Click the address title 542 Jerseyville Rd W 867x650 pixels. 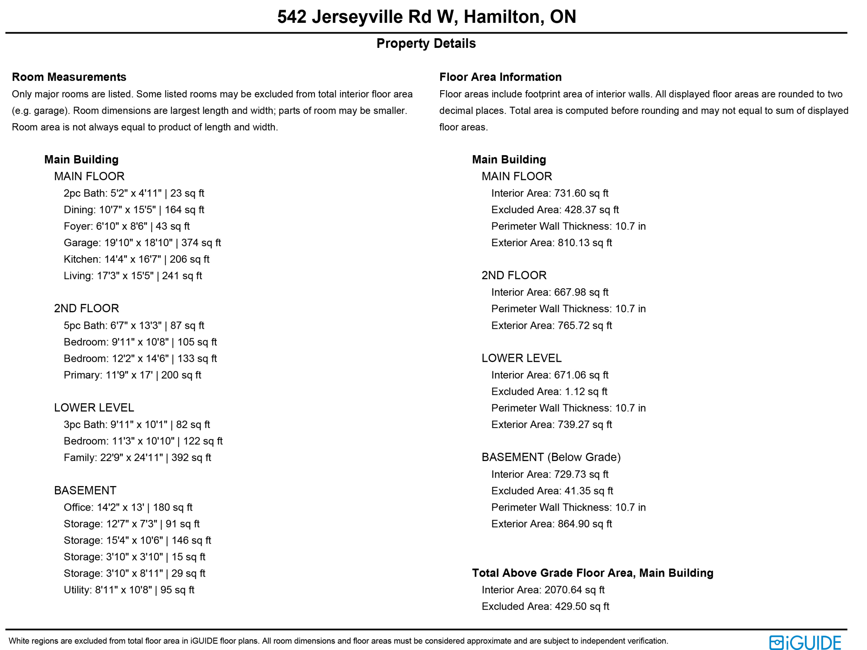coord(426,17)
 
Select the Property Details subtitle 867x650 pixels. coord(426,43)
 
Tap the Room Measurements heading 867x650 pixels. coord(69,77)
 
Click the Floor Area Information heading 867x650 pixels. coord(500,77)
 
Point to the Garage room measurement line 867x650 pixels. coord(142,243)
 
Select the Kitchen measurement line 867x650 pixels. coord(136,259)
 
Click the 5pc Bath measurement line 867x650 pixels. coord(134,325)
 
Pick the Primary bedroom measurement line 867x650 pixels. coord(133,375)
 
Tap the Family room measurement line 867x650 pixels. coord(137,458)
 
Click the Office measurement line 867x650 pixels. coord(128,507)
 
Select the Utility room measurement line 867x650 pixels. coord(129,590)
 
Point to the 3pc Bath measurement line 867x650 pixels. coord(137,425)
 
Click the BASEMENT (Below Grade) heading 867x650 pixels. coord(551,457)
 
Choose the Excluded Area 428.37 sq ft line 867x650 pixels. coord(555,210)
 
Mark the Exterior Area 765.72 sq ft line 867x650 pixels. coord(552,325)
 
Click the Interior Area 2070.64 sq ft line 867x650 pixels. coord(543,590)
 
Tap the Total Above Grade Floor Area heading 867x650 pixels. coord(593,573)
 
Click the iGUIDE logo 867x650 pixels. coord(805,642)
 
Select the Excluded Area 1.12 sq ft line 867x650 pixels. coord(549,392)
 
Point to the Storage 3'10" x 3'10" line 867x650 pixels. coord(135,557)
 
